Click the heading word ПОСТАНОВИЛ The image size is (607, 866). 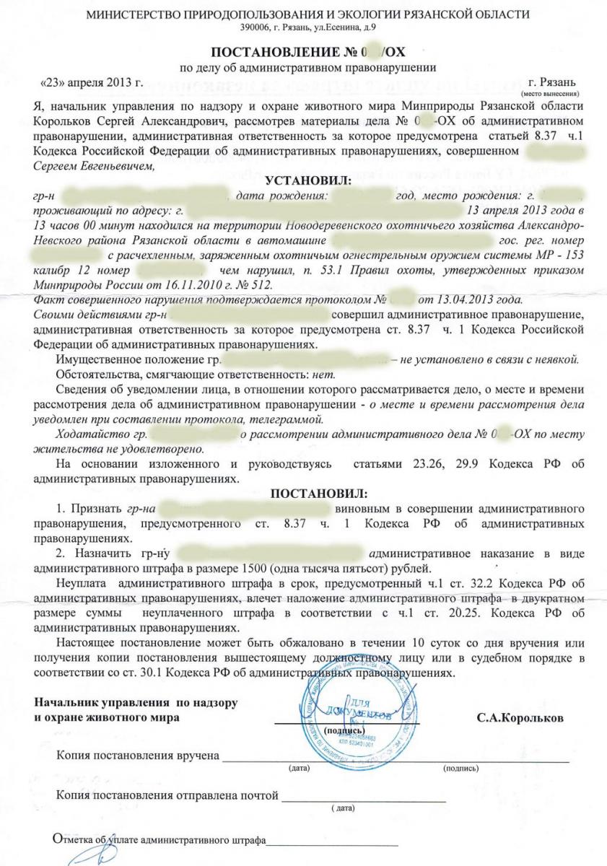[318, 494]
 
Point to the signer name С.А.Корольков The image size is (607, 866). [522, 719]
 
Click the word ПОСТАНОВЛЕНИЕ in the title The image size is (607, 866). [266, 53]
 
